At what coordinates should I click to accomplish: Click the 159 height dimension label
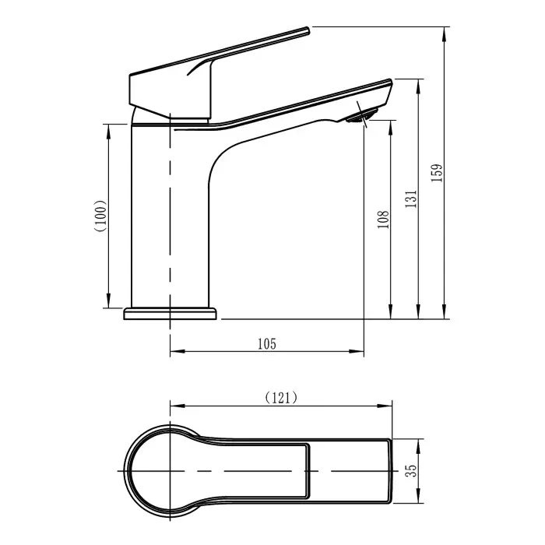point(437,173)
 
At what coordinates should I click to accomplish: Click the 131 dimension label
point(411,199)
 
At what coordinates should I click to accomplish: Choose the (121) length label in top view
point(281,397)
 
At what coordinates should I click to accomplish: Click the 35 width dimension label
point(413,471)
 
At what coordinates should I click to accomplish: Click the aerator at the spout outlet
point(360,117)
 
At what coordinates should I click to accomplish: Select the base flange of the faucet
point(170,314)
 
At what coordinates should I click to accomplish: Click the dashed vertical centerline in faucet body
point(170,218)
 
